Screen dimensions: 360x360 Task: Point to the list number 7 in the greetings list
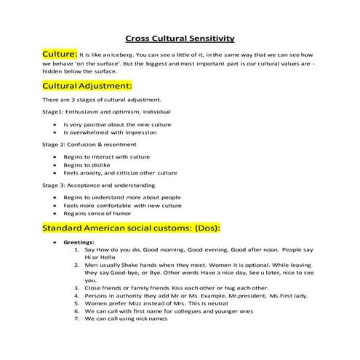pyautogui.click(x=77, y=319)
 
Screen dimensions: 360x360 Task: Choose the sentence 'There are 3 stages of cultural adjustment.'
pyautogui.click(x=105, y=99)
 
